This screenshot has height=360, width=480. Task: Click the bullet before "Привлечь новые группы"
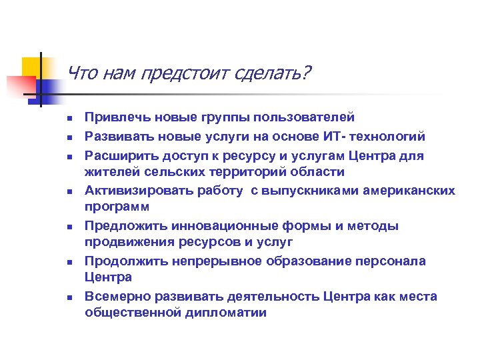69,119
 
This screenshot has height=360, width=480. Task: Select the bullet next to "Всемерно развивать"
69,297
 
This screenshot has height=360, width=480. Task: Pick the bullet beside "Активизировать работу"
69,191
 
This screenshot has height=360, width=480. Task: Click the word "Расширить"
117,155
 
